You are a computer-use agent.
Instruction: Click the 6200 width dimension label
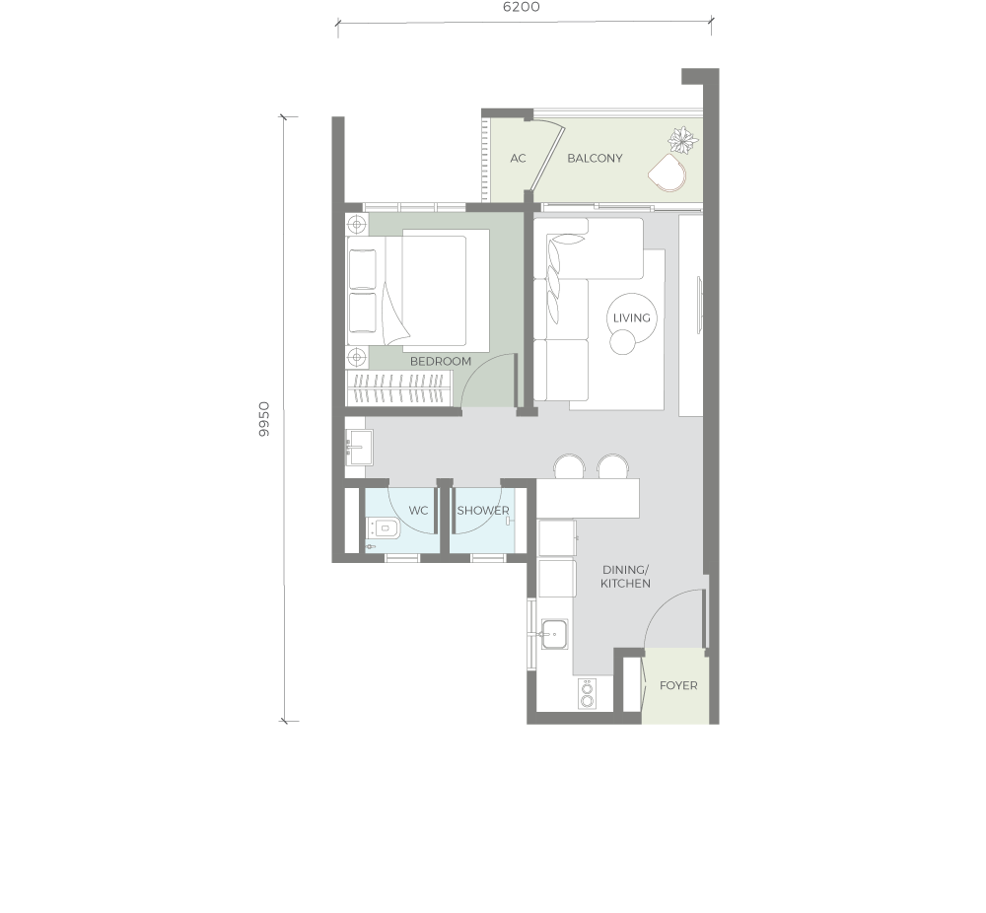[522, 7]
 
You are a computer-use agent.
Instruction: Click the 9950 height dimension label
[264, 419]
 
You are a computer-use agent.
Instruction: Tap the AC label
[518, 159]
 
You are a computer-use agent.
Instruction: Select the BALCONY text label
[595, 159]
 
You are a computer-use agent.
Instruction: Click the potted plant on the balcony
[683, 140]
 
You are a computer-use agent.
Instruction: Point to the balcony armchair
[668, 173]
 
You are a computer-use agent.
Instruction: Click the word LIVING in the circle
[631, 318]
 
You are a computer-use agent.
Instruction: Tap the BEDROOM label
[440, 362]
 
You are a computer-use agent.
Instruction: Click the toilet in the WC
[384, 529]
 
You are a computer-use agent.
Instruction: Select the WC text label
[418, 511]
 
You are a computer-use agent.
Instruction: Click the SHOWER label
[483, 511]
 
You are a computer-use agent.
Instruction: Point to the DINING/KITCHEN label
[625, 577]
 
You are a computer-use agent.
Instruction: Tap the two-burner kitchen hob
[587, 694]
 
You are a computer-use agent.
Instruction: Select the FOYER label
[678, 685]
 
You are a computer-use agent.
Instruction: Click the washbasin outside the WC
[359, 447]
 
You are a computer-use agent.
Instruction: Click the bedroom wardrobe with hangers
[398, 387]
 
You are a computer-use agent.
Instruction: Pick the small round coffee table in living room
[622, 342]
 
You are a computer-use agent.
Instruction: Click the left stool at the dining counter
[570, 466]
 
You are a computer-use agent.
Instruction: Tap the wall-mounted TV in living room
[699, 305]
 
